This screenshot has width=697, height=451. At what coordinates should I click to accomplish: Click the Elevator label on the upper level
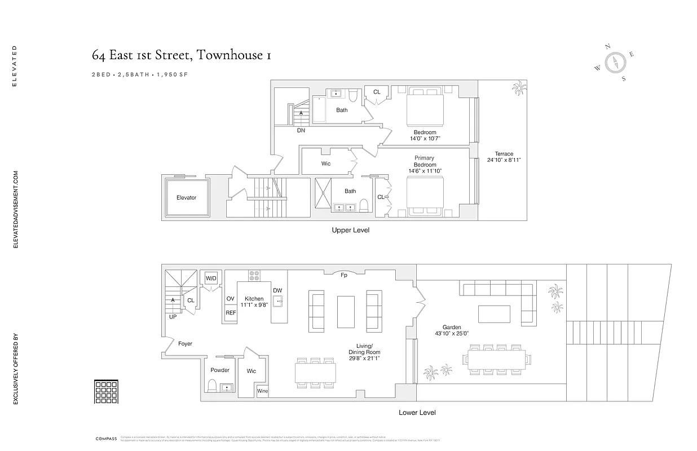186,198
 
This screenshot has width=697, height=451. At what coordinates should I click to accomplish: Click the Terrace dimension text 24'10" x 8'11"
504,160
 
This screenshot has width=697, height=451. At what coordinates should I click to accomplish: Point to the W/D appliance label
211,278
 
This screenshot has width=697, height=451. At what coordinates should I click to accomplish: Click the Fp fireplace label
343,276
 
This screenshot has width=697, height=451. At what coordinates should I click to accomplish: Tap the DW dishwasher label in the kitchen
277,290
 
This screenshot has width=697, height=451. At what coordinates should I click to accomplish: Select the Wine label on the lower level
263,391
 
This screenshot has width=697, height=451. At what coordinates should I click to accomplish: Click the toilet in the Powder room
213,386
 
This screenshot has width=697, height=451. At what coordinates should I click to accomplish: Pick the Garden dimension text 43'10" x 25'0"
452,334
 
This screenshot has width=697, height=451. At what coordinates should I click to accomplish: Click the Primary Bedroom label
425,161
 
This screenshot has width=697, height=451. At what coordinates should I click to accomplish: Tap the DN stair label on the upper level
301,130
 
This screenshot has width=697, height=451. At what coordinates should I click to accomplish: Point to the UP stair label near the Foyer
172,317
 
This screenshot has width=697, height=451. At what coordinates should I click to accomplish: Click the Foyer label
185,343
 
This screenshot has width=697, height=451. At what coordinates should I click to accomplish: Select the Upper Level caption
351,230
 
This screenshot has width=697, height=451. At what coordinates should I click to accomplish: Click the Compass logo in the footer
105,438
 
